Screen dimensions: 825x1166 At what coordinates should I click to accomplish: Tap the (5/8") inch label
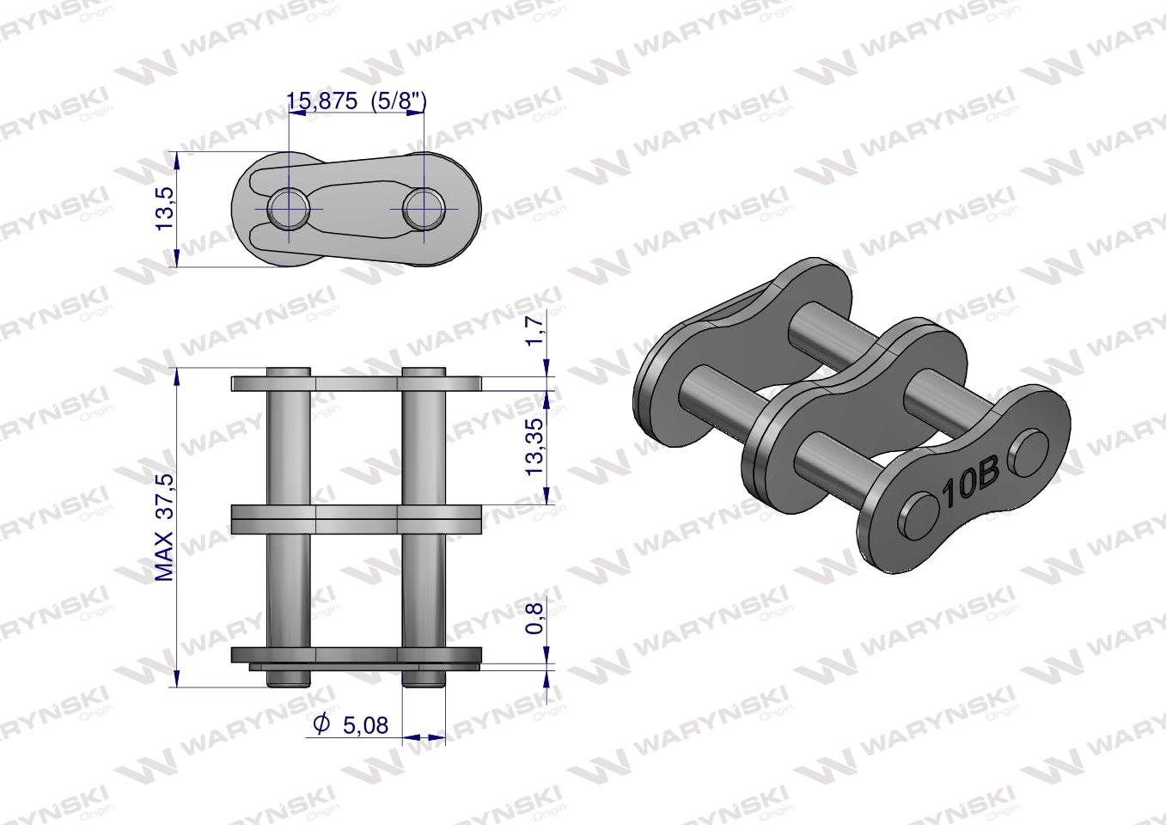(399, 101)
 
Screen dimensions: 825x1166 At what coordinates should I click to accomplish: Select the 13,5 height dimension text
(164, 208)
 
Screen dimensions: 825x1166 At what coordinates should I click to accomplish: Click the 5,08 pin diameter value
(365, 725)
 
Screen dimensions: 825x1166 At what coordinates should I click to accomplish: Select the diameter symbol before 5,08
(321, 725)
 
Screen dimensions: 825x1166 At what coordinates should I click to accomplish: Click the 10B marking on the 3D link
(968, 484)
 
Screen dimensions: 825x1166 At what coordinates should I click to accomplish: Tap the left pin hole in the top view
(287, 207)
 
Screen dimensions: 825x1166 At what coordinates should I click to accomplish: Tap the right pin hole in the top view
(423, 207)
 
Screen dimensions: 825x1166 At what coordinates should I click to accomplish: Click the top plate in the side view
(356, 383)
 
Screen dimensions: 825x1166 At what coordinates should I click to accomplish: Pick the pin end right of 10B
(1029, 452)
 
